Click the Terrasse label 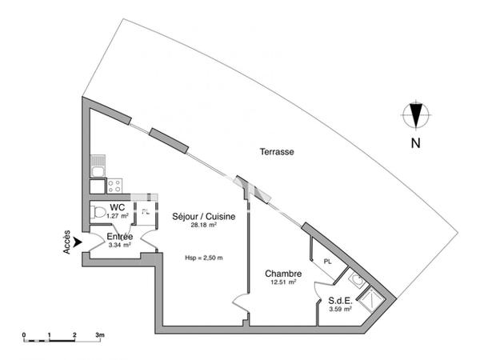coord(277,151)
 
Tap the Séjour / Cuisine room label coord(203,217)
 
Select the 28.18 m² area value coord(204,225)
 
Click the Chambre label coord(283,274)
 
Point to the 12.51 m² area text coord(283,282)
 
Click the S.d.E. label coord(340,300)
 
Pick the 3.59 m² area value coord(340,309)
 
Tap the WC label coord(118,207)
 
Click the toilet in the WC coord(98,212)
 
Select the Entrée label coord(120,237)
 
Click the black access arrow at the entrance coord(78,242)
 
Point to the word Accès coord(66,242)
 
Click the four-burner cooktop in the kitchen coord(114,186)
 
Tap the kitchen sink coord(98,166)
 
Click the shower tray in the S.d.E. coord(371,299)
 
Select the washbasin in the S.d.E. coord(356,279)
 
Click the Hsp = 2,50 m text coord(204,258)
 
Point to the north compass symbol coord(416,115)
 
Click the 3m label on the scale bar coord(100,335)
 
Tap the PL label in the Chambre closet coord(327,262)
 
